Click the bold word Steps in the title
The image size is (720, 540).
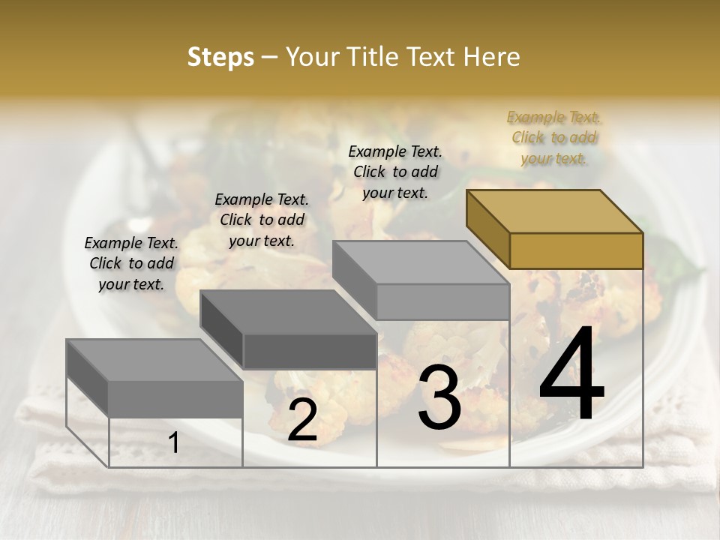[220, 57]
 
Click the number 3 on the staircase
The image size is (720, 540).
[439, 397]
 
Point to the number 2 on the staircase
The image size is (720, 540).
[302, 421]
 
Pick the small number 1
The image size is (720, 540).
[174, 443]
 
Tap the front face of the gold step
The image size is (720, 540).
[576, 250]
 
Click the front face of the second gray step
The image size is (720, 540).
[309, 351]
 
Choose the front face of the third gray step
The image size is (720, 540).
[442, 301]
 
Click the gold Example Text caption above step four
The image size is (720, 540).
[553, 137]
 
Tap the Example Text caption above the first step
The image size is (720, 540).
[131, 263]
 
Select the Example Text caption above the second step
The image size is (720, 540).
[262, 220]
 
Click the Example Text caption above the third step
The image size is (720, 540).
[395, 172]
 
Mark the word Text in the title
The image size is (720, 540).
[435, 57]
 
